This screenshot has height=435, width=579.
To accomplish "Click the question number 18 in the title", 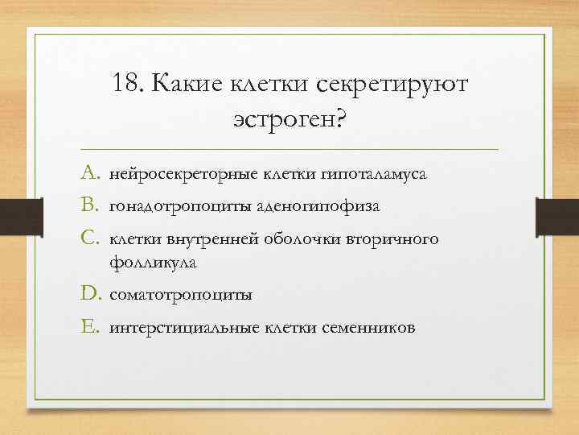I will click(127, 84).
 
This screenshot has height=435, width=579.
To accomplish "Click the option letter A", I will click(92, 174).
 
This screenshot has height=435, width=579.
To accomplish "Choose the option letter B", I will click(92, 206).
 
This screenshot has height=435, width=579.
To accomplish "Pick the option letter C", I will click(92, 238).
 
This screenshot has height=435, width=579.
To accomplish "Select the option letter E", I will click(91, 327).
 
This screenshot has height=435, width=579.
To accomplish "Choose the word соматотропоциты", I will click(181, 296).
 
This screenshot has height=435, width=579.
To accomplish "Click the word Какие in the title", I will click(183, 84).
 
